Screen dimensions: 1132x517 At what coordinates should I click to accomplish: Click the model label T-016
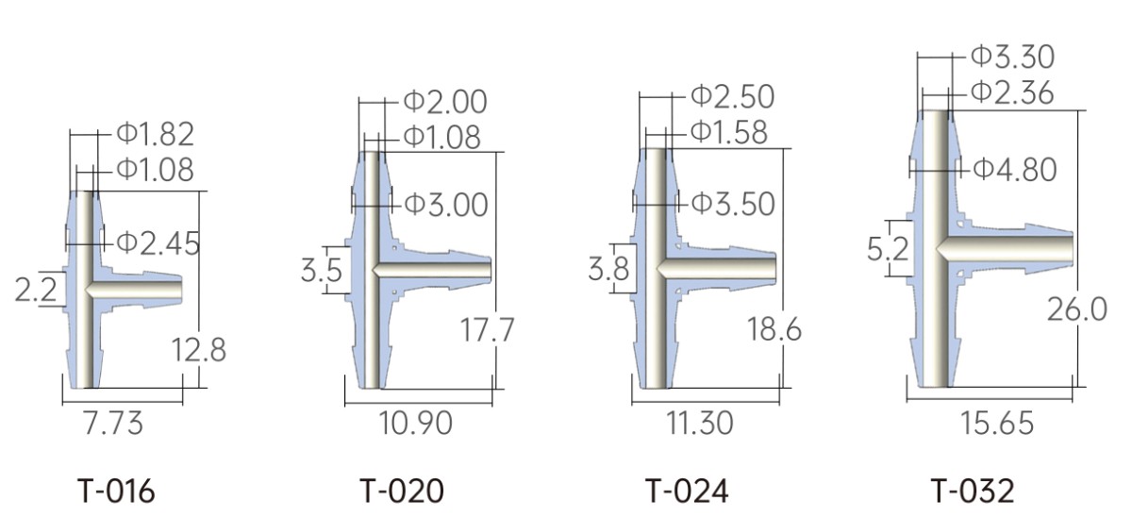(x=116, y=492)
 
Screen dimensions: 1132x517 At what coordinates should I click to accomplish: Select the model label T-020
(x=402, y=492)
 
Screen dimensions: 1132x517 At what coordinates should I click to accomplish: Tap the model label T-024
(x=688, y=492)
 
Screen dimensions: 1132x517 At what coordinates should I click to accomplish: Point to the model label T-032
(x=973, y=492)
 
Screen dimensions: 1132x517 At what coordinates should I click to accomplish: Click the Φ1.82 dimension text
(x=156, y=134)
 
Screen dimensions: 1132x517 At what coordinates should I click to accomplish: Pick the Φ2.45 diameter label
(x=158, y=243)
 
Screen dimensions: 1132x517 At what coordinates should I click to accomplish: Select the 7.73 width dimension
(x=114, y=423)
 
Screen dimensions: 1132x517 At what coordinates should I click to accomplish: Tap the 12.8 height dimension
(x=199, y=350)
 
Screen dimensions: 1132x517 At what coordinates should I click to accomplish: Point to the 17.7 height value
(x=487, y=329)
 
